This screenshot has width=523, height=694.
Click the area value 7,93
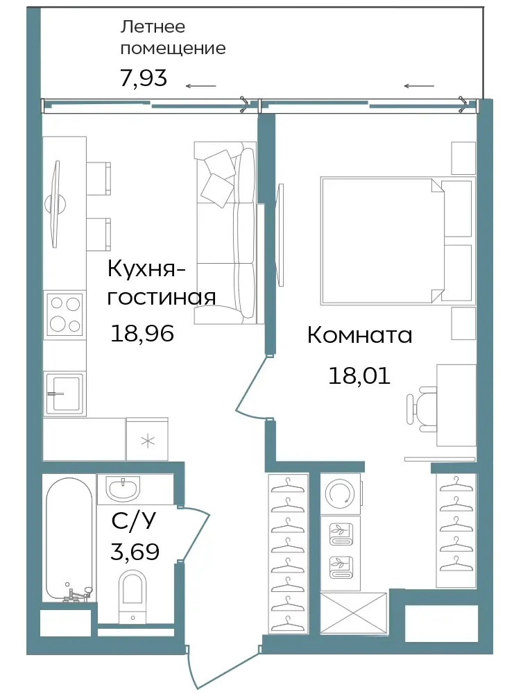pyautogui.click(x=144, y=78)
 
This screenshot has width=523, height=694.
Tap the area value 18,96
pyautogui.click(x=142, y=333)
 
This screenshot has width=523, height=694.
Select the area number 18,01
pyautogui.click(x=359, y=375)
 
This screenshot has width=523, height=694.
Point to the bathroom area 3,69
pyautogui.click(x=135, y=552)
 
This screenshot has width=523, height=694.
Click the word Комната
pyautogui.click(x=360, y=335)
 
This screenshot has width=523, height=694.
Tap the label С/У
pyautogui.click(x=134, y=521)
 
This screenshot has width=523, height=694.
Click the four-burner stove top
pyautogui.click(x=65, y=314)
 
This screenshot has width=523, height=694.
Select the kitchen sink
pyautogui.click(x=65, y=393)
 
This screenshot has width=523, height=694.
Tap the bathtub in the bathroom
pyautogui.click(x=69, y=539)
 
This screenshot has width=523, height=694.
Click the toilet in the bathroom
pyautogui.click(x=132, y=596)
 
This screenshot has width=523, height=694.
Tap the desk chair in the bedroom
pyautogui.click(x=421, y=409)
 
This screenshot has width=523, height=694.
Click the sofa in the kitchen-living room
pyautogui.click(x=225, y=232)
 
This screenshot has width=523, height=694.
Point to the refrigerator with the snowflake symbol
pyautogui.click(x=147, y=439)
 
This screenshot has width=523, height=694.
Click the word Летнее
pyautogui.click(x=153, y=27)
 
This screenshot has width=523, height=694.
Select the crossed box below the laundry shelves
pyautogui.click(x=354, y=614)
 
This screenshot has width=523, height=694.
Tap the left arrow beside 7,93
pyautogui.click(x=201, y=86)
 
